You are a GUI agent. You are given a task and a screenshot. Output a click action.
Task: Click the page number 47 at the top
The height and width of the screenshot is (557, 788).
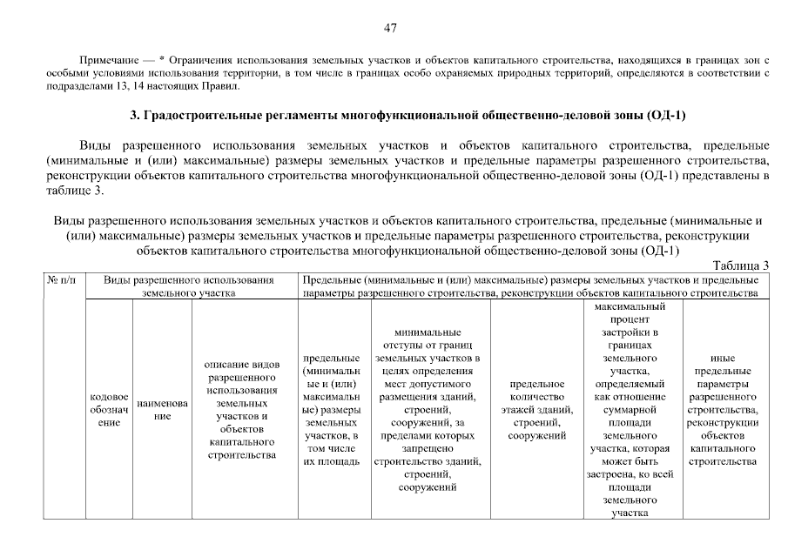click(x=390, y=28)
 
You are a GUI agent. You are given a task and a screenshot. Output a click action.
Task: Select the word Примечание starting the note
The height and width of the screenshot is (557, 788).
click(x=108, y=59)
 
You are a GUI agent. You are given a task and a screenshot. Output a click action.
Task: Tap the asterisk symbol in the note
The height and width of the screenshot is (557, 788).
click(x=162, y=59)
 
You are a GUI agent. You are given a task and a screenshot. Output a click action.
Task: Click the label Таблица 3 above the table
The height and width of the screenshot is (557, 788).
click(x=740, y=265)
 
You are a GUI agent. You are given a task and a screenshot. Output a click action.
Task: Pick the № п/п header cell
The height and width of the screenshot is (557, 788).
click(x=64, y=280)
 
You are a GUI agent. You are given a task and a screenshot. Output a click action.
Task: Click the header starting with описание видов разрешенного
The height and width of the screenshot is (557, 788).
click(x=241, y=409)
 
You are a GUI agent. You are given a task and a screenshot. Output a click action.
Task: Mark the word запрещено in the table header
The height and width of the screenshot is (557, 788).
click(x=427, y=448)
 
